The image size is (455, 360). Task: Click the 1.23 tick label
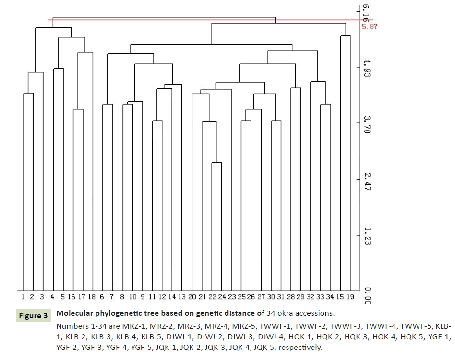pos(367,238)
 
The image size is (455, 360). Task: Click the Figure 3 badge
pos(33,316)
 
